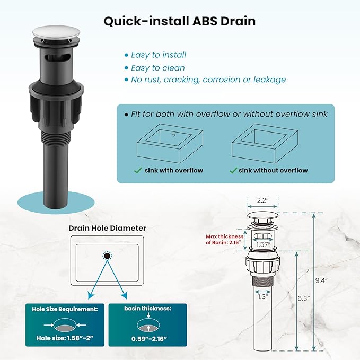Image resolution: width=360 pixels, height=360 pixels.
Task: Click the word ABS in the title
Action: coord(205,21)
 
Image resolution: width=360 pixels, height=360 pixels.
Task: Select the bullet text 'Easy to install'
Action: coord(159,55)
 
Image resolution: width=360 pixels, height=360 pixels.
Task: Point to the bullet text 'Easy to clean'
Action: coord(158,68)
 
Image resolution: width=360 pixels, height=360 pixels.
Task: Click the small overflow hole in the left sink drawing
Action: coord(173,135)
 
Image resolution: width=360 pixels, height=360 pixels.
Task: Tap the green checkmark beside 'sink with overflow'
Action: coord(138,170)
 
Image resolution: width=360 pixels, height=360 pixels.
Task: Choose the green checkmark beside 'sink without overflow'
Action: coord(233,170)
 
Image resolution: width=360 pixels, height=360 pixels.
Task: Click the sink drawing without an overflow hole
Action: coord(265,143)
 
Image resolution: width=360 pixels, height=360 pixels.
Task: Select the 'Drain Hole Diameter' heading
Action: coord(107,228)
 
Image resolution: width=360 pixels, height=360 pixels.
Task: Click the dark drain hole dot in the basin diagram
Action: coord(107,256)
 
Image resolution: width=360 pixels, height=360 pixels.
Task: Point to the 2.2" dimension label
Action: coord(262,200)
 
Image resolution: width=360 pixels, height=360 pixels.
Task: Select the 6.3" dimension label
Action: coord(303,298)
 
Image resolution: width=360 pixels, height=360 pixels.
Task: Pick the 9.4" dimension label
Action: coord(321,280)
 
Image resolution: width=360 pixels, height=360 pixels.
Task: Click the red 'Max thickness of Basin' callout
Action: coord(225,240)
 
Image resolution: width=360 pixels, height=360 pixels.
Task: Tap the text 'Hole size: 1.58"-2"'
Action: coord(65,338)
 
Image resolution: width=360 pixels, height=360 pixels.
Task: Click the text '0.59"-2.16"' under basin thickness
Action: coord(149,339)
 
